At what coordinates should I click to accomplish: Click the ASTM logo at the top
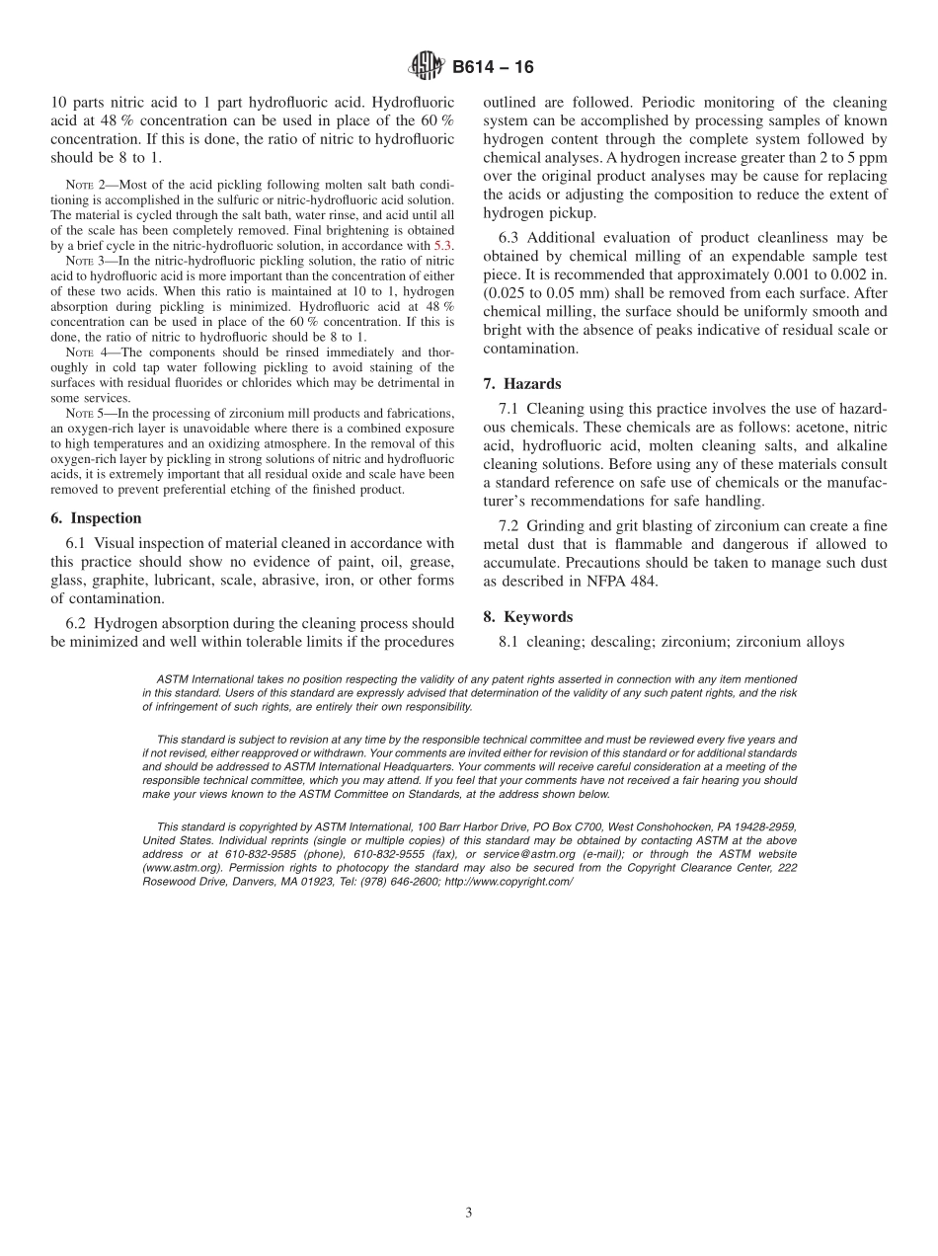428,67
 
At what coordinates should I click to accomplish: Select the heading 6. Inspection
96,518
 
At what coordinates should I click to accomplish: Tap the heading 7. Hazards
522,383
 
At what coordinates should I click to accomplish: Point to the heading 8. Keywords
527,617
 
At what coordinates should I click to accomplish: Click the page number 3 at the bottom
469,1214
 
